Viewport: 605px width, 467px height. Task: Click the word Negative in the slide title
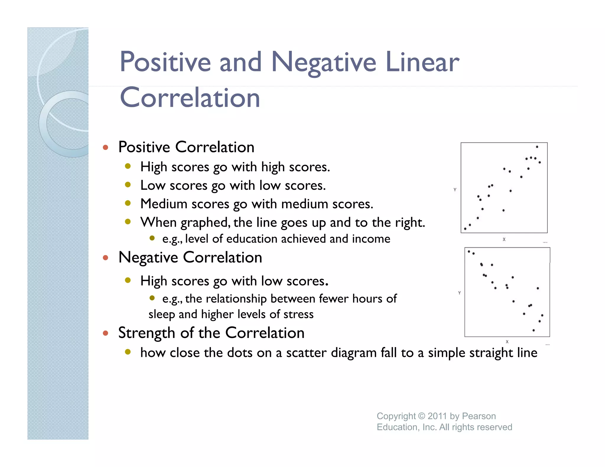(x=323, y=63)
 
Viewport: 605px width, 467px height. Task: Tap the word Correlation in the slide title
(x=190, y=98)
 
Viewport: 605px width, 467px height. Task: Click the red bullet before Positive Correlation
(x=105, y=147)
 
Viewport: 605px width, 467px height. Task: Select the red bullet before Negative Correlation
(x=105, y=258)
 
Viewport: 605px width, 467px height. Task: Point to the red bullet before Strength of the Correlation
(x=105, y=333)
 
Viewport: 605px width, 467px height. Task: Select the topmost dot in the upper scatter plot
(x=537, y=147)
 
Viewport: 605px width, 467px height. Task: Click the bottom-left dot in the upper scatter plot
(x=465, y=229)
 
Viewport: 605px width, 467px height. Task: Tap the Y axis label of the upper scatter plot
(x=455, y=190)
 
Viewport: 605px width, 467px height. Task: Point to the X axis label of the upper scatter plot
(x=504, y=239)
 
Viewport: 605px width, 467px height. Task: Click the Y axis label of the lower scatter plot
(x=459, y=293)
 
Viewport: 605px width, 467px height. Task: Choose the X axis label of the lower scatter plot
(x=507, y=342)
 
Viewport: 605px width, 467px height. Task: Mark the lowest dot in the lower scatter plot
(x=534, y=330)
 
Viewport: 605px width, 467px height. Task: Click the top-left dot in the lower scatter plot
(x=469, y=252)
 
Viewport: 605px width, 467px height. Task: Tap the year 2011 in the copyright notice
(x=437, y=416)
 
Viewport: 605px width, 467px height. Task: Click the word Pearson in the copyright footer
(x=479, y=416)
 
